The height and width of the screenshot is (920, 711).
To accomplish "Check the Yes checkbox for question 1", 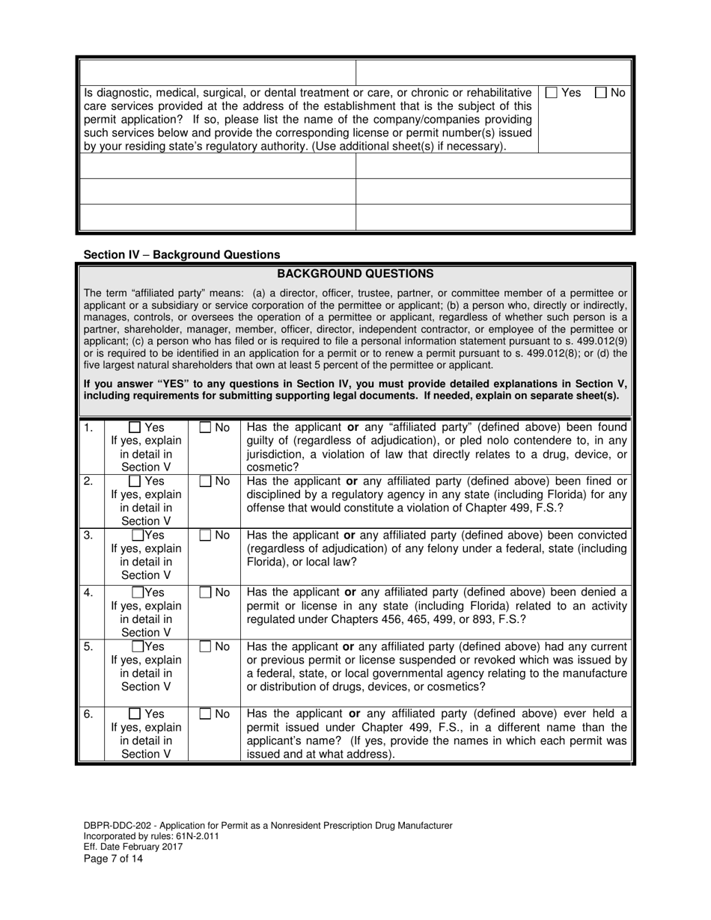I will [135, 428].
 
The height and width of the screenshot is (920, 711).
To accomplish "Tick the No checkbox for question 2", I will [206, 482].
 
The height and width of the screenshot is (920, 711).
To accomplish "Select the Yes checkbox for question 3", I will [138, 536].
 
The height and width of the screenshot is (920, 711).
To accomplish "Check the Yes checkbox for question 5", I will [138, 646].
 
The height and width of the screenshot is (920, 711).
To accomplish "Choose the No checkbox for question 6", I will [206, 714].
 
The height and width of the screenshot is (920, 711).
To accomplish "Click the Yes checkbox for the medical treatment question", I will [552, 93].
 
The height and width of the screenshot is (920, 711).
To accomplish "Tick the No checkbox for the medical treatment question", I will [601, 93].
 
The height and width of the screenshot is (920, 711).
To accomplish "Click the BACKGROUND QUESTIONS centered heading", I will [355, 274].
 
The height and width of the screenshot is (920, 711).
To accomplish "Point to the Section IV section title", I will [182, 254].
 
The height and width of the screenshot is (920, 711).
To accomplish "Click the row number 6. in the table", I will [88, 714].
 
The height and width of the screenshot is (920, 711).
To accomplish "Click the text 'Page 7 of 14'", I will [113, 859].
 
